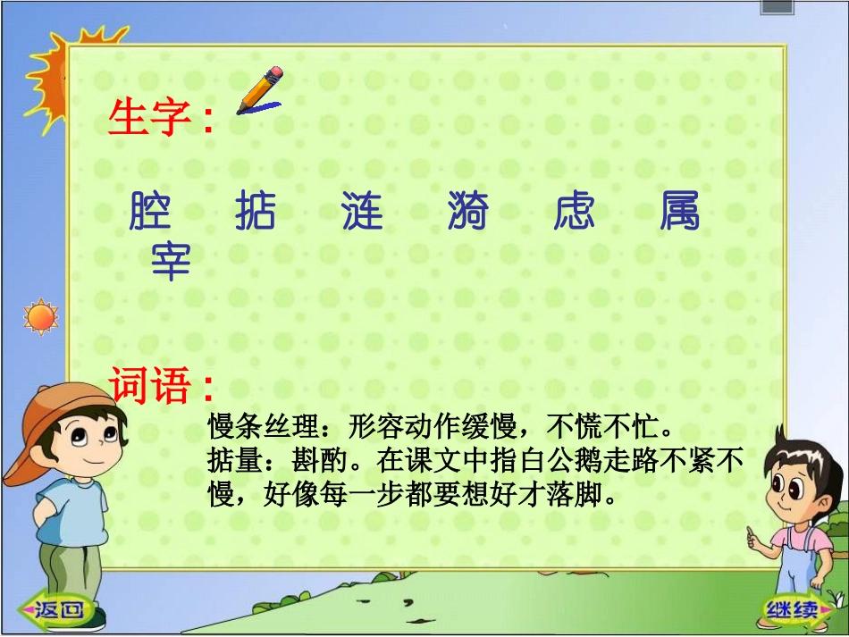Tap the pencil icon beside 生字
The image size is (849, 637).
[259, 91]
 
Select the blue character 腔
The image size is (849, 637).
[150, 212]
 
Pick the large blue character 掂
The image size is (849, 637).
[256, 212]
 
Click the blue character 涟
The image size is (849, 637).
[362, 212]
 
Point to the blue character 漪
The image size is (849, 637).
[468, 212]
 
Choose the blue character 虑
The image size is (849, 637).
[574, 212]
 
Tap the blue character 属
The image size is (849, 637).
[680, 212]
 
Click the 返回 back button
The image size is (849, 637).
[60, 609]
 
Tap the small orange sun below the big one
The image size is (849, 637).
[39, 316]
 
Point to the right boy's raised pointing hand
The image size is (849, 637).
[753, 539]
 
